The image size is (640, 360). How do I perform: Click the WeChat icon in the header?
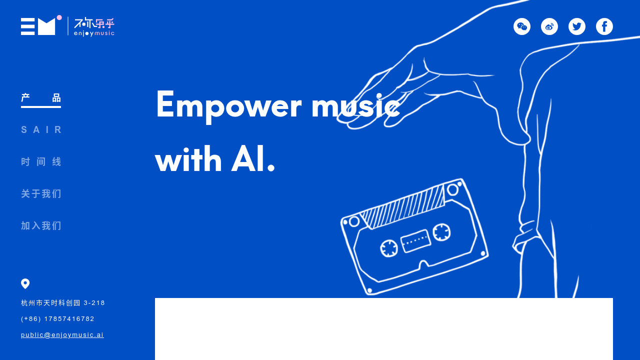click(x=522, y=26)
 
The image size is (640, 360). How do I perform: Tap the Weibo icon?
click(x=549, y=26)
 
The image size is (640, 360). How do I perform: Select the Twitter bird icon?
click(x=577, y=26)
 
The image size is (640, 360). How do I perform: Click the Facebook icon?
click(x=604, y=26)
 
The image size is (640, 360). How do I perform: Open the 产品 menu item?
click(x=41, y=98)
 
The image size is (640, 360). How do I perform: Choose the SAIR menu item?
click(x=41, y=130)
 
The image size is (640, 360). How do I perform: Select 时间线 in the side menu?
click(x=41, y=162)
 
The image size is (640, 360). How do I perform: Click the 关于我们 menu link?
click(x=41, y=194)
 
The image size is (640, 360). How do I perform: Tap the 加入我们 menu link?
click(x=41, y=226)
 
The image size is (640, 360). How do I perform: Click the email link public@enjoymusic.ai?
click(x=62, y=335)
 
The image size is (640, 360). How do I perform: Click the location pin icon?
click(x=25, y=283)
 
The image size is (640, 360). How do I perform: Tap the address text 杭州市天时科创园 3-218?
click(x=63, y=303)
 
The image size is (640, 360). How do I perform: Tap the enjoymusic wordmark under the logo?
click(x=94, y=33)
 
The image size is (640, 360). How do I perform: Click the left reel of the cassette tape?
click(x=388, y=248)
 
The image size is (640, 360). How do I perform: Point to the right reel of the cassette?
click(x=441, y=232)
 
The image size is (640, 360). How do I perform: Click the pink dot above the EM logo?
click(x=59, y=17)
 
